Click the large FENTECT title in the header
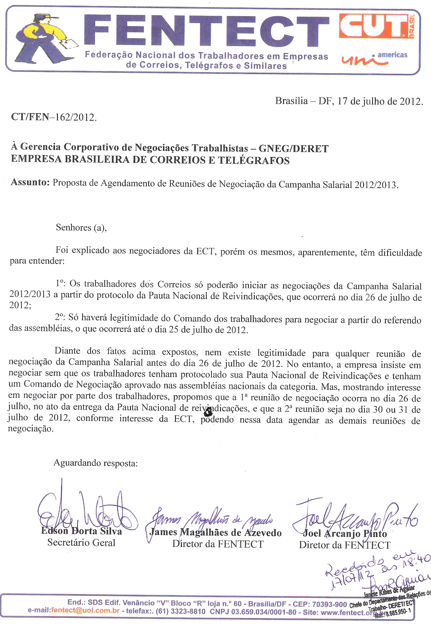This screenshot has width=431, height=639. (206, 32)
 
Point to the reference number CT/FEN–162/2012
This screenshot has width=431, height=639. (54, 117)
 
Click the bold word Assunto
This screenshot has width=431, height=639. (30, 182)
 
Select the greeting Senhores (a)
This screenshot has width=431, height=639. (81, 227)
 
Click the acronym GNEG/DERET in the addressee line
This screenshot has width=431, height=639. (294, 148)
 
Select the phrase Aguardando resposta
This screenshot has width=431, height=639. (96, 463)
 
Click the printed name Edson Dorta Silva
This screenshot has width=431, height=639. (82, 531)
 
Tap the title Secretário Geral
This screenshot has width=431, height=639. (81, 543)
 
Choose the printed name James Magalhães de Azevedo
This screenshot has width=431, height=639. (215, 533)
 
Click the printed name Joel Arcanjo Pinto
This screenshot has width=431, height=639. (345, 533)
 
